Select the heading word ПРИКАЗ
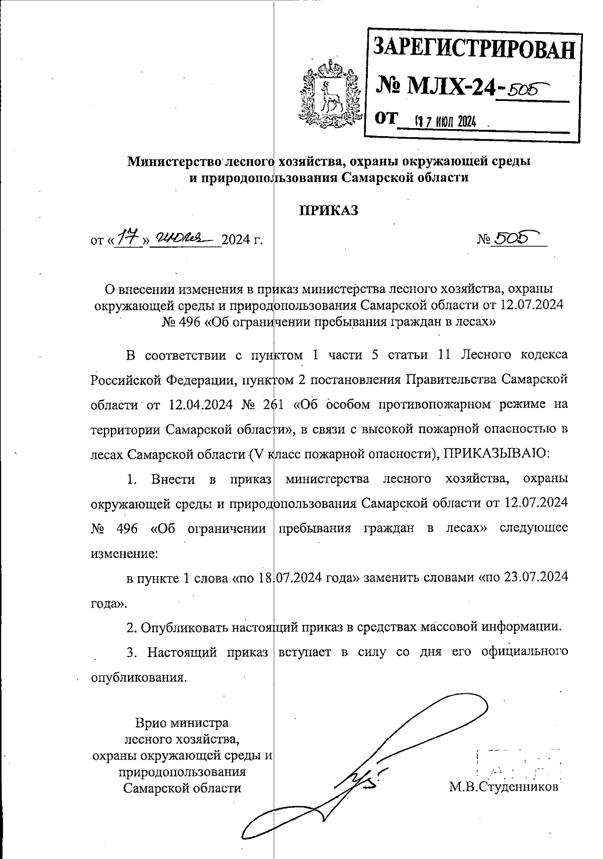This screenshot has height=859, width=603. coord(329,210)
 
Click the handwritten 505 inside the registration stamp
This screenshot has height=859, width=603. coord(525,90)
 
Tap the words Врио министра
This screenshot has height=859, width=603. coord(182,723)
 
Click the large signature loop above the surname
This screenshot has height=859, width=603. coord(442,718)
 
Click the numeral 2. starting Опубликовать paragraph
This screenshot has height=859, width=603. coord(132,627)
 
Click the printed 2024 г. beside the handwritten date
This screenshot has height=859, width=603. coord(242,240)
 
